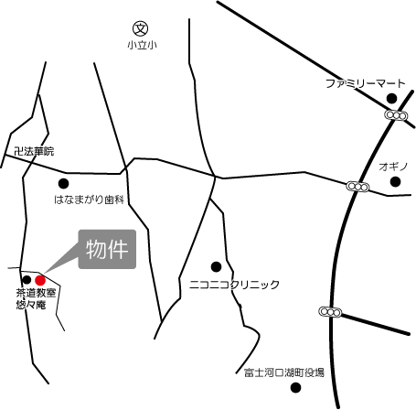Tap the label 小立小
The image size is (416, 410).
142,46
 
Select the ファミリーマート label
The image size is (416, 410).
366,83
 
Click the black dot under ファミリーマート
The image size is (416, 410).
391,98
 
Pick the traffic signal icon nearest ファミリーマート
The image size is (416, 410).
396,115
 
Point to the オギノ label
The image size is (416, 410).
392,166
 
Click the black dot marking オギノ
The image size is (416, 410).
395,181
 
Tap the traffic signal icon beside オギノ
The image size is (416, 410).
358,187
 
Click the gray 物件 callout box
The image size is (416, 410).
107,249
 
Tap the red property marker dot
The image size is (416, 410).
40,278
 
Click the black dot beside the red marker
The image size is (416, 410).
27,279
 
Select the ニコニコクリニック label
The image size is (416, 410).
235,285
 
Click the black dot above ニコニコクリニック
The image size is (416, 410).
216,267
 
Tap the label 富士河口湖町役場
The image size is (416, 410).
284,372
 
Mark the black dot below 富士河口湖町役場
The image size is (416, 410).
293,387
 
